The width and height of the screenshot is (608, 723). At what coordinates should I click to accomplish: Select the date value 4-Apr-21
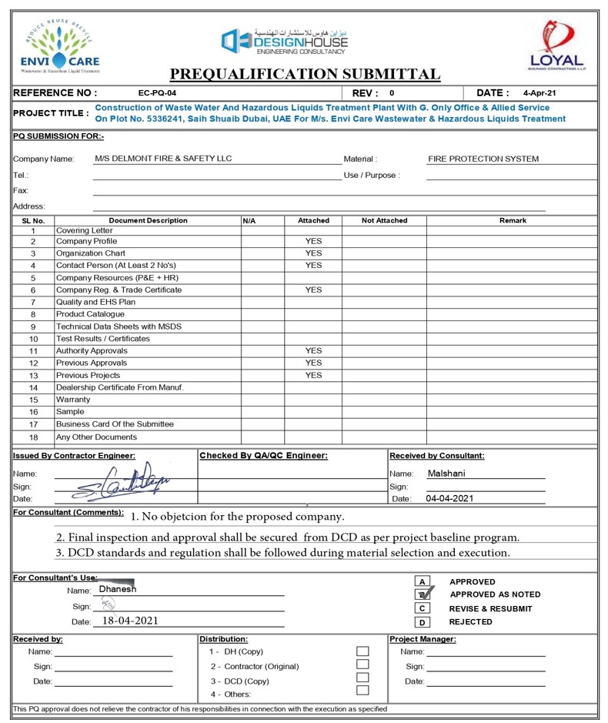click(539, 93)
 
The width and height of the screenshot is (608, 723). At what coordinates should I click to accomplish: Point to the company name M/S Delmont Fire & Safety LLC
click(163, 159)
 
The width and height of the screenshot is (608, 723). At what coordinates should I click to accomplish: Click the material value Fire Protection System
click(483, 159)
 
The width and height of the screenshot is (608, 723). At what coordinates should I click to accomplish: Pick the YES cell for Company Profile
click(313, 241)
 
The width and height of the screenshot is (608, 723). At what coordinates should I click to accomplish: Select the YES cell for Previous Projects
click(313, 375)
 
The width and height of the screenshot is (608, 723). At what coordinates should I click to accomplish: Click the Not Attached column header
click(384, 220)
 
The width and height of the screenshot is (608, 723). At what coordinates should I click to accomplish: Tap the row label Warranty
click(73, 400)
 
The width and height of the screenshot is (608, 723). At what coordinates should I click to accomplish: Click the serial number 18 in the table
click(33, 437)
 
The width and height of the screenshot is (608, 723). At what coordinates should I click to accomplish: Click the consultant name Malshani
click(446, 473)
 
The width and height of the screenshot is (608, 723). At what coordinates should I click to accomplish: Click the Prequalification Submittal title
click(305, 74)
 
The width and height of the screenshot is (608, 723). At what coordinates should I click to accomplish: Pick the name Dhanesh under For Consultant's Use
click(118, 589)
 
